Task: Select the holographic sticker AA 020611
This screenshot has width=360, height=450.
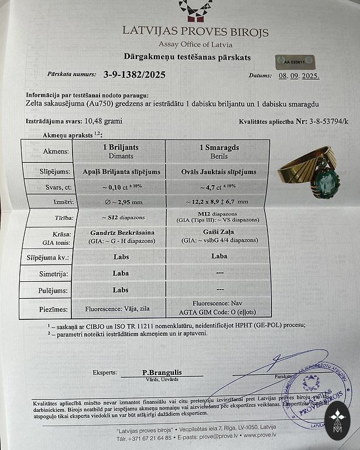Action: coord(296,60)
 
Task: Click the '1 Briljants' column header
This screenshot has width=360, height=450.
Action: coord(121,148)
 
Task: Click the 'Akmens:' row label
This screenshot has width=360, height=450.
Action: coord(56,151)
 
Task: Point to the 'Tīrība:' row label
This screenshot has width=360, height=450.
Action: coord(59,217)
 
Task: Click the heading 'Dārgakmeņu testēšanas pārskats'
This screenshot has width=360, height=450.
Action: coord(187,57)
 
